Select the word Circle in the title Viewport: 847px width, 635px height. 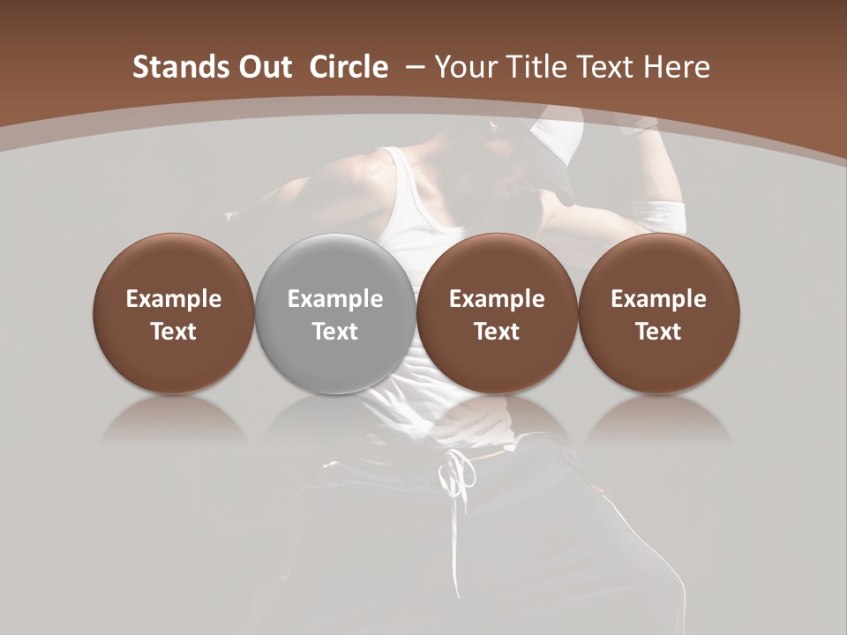(349, 67)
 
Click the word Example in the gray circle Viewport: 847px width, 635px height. (335, 299)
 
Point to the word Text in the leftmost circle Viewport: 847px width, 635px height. (174, 332)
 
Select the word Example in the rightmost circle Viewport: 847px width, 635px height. (659, 299)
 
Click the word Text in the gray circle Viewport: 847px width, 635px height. (335, 332)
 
